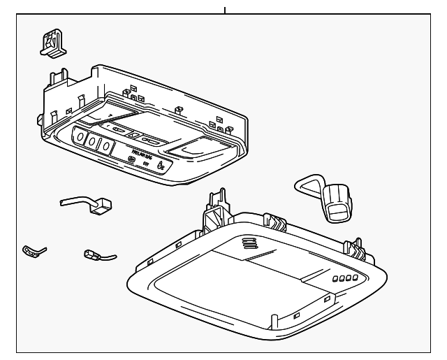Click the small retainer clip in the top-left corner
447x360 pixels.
tap(52, 43)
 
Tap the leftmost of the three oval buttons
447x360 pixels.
tap(79, 140)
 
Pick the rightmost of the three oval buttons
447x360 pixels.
tap(105, 146)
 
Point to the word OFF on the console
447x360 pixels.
tap(146, 163)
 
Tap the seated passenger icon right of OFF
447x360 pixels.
tap(161, 166)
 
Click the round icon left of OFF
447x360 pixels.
tap(131, 160)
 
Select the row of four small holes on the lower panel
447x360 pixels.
tap(344, 278)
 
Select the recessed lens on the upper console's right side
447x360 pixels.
tap(197, 147)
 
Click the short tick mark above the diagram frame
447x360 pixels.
tap(225, 10)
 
